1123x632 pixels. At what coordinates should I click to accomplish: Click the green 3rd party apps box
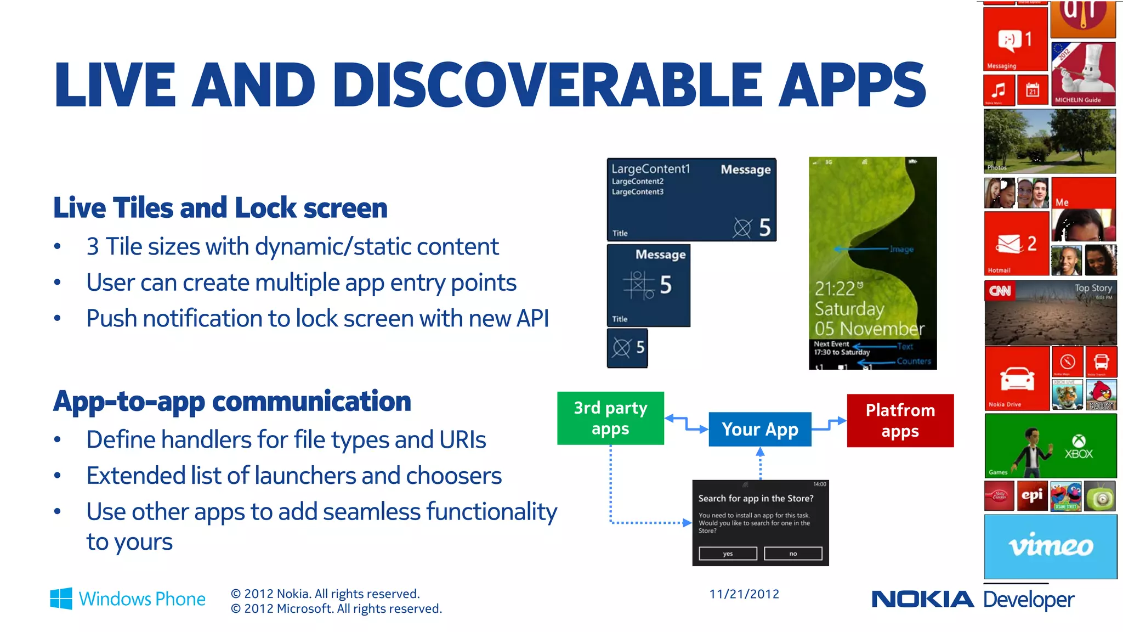point(610,418)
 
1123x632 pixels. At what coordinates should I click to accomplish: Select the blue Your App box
point(759,429)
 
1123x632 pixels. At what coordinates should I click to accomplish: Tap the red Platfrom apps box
point(900,420)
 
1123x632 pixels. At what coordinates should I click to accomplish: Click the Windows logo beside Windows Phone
point(61,598)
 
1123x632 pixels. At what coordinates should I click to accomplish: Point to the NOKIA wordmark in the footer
point(922,599)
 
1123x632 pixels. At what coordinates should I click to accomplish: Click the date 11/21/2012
point(744,594)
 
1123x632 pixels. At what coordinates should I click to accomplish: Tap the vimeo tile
point(1050,546)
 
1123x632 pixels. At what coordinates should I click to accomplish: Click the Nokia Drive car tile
point(1017,379)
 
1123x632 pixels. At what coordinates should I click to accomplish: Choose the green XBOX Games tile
point(1050,445)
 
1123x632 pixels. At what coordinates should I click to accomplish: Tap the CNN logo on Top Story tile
point(1000,291)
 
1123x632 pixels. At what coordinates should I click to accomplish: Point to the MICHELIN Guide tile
point(1083,74)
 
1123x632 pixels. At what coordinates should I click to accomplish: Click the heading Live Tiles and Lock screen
point(220,208)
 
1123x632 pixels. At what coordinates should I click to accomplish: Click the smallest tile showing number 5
point(627,348)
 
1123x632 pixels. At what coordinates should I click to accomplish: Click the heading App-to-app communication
point(232,401)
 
